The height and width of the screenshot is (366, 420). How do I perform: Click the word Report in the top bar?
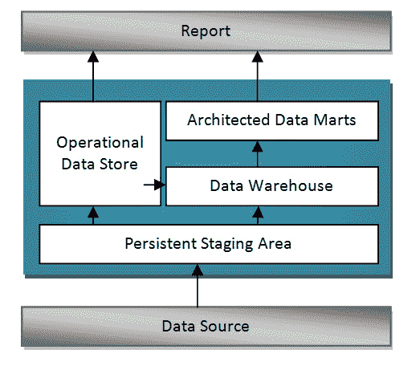206,31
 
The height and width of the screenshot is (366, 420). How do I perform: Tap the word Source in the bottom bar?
225,326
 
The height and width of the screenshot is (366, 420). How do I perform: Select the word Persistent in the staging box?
161,244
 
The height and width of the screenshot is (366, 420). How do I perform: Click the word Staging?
227,244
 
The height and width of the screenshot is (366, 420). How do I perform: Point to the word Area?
275,244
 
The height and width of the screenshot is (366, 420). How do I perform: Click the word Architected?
229,120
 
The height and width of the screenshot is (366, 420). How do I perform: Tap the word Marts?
335,120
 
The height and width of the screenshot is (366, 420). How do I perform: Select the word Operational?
100,142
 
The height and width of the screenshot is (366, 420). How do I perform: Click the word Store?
119,164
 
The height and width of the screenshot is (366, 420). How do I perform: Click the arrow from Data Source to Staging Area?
198,286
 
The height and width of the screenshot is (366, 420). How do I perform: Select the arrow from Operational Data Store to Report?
93,76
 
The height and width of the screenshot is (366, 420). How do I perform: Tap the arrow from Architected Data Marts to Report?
258,76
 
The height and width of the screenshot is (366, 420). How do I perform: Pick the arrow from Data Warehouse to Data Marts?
258,154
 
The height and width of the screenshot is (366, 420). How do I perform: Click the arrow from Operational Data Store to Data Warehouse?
154,185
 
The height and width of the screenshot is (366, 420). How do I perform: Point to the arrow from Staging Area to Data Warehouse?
258,216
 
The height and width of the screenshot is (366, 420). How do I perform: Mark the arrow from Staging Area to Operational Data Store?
93,216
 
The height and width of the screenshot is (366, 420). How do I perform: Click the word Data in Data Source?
178,326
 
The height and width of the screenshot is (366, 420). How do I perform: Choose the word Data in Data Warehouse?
226,185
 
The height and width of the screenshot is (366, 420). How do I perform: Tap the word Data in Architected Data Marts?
292,120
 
